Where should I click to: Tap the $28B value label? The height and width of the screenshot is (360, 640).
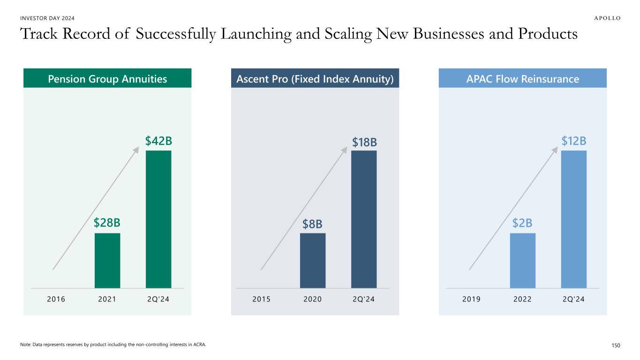[107, 224]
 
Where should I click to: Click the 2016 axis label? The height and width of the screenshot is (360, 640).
[57, 299]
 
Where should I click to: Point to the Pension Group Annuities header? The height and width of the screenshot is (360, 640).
[107, 79]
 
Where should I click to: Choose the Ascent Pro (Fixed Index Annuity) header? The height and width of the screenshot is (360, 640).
[315, 79]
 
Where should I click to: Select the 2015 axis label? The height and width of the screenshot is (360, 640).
[262, 299]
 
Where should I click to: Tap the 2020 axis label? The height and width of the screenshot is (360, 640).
[313, 299]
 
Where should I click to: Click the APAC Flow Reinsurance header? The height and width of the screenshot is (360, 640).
[523, 79]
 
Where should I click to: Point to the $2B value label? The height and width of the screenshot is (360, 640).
[522, 224]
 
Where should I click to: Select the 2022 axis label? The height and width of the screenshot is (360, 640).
[522, 299]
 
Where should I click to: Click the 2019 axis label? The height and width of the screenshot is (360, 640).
[472, 299]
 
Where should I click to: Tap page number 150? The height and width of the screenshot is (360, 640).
[615, 345]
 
